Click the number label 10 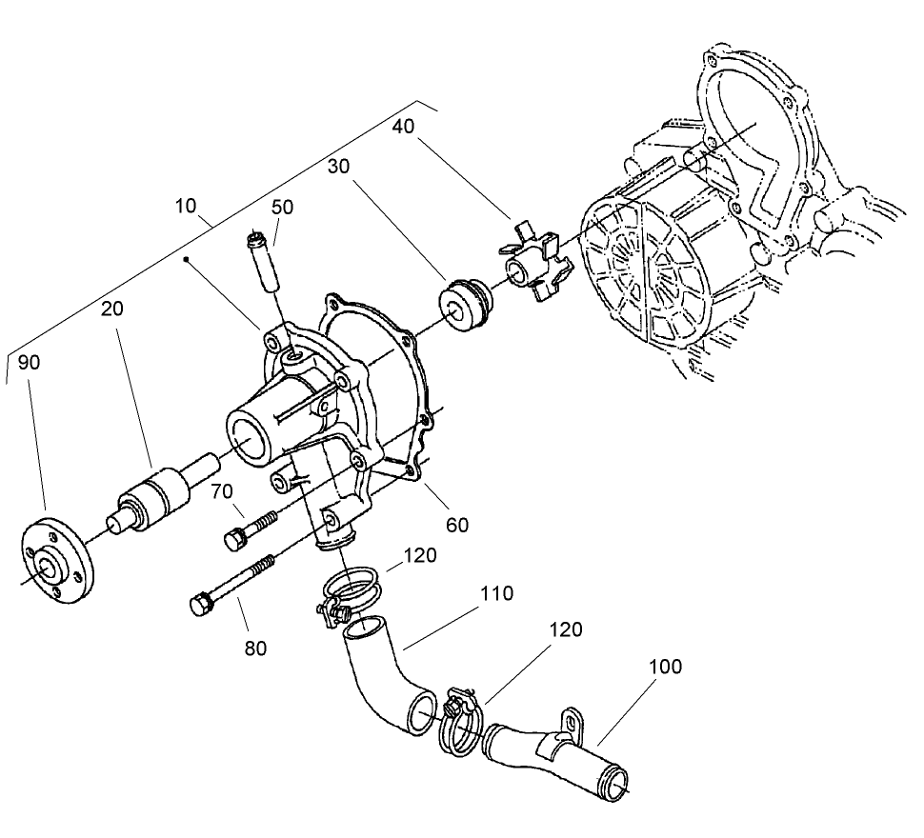[187, 206]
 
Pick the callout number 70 [221, 492]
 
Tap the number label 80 [254, 648]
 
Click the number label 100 [666, 667]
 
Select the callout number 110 [497, 594]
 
